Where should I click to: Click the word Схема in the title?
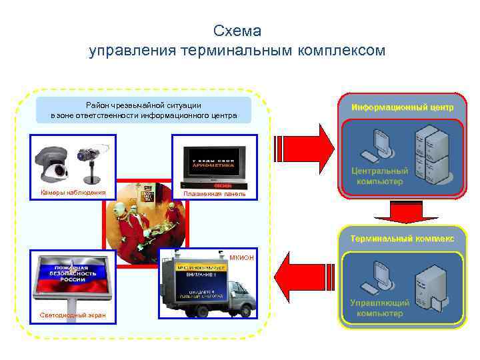[x=237, y=31]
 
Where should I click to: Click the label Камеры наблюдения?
[x=73, y=193]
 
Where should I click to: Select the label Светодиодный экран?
[x=68, y=315]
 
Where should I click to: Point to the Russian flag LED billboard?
[x=71, y=276]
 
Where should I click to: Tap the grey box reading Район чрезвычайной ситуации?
[x=143, y=110]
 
